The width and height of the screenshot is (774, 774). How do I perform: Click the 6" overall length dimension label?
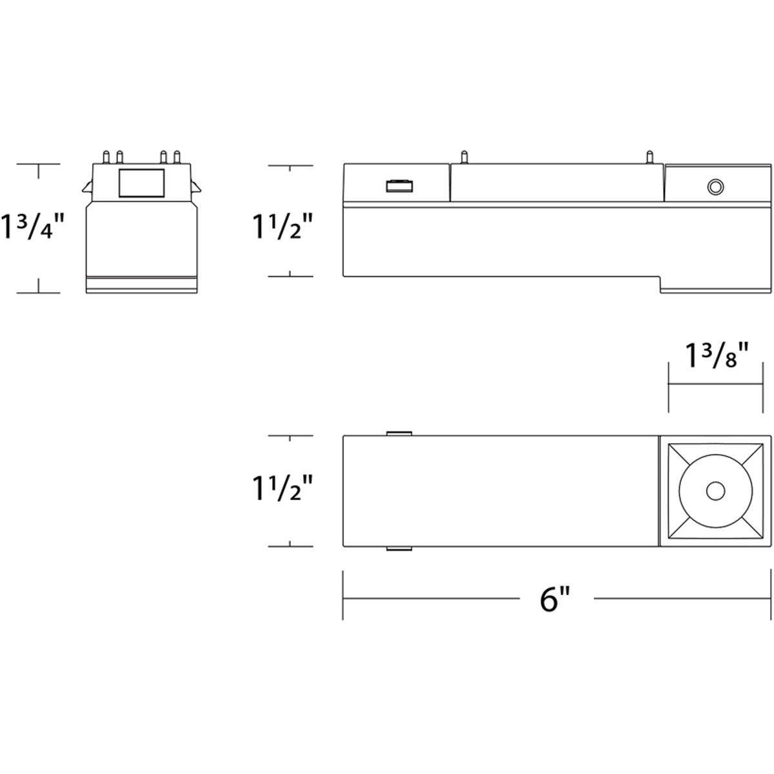(555, 599)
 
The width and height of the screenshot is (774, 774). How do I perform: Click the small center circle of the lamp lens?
(715, 491)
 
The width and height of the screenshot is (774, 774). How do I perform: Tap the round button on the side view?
(715, 187)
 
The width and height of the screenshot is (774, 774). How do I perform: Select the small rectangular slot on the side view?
(399, 186)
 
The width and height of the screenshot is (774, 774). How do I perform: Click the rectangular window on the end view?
(141, 183)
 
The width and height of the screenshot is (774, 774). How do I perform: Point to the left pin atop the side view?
(462, 157)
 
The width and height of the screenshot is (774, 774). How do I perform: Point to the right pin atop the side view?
(650, 157)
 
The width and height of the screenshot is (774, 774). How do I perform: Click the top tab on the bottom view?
(399, 432)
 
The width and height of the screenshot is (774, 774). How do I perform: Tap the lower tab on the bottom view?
(399, 550)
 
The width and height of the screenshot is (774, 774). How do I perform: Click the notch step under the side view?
(659, 284)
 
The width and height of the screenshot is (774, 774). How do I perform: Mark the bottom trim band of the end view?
(141, 284)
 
